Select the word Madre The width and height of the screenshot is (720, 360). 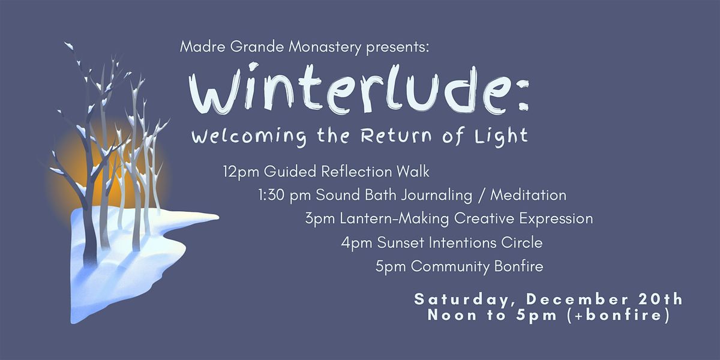pyautogui.click(x=198, y=47)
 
